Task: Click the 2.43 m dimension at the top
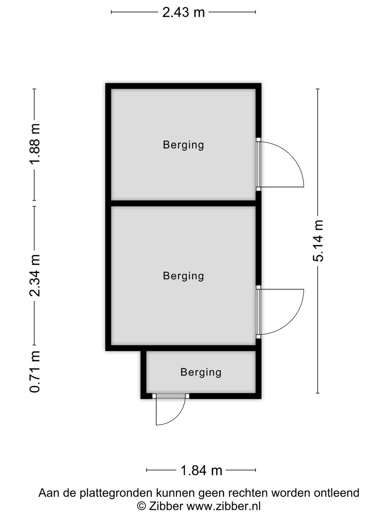click(183, 12)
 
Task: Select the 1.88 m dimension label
click(35, 144)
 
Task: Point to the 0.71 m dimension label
click(35, 372)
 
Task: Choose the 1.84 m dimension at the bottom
click(201, 470)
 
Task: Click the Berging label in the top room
click(183, 145)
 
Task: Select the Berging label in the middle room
click(183, 276)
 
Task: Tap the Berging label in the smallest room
click(201, 372)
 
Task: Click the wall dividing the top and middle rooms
click(183, 203)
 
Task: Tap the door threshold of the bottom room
click(171, 396)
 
